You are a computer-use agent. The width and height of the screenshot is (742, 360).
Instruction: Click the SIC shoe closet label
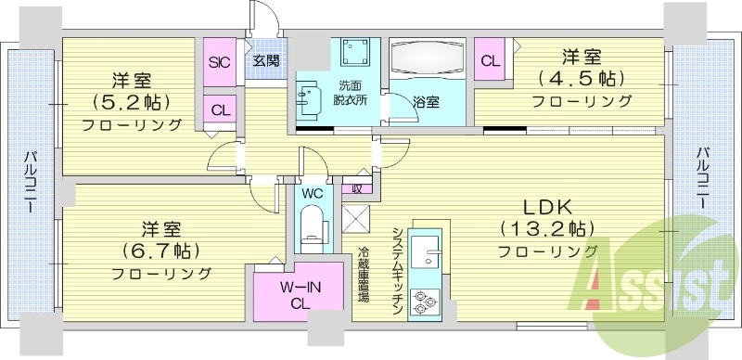tap(220, 63)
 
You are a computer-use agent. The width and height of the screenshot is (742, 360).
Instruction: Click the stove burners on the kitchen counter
tap(427, 300)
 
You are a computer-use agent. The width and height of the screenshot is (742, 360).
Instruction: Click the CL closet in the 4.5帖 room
tap(489, 62)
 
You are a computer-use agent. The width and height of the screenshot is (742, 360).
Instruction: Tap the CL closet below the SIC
tap(220, 109)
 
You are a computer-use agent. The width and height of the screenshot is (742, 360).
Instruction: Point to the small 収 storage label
tap(355, 187)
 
